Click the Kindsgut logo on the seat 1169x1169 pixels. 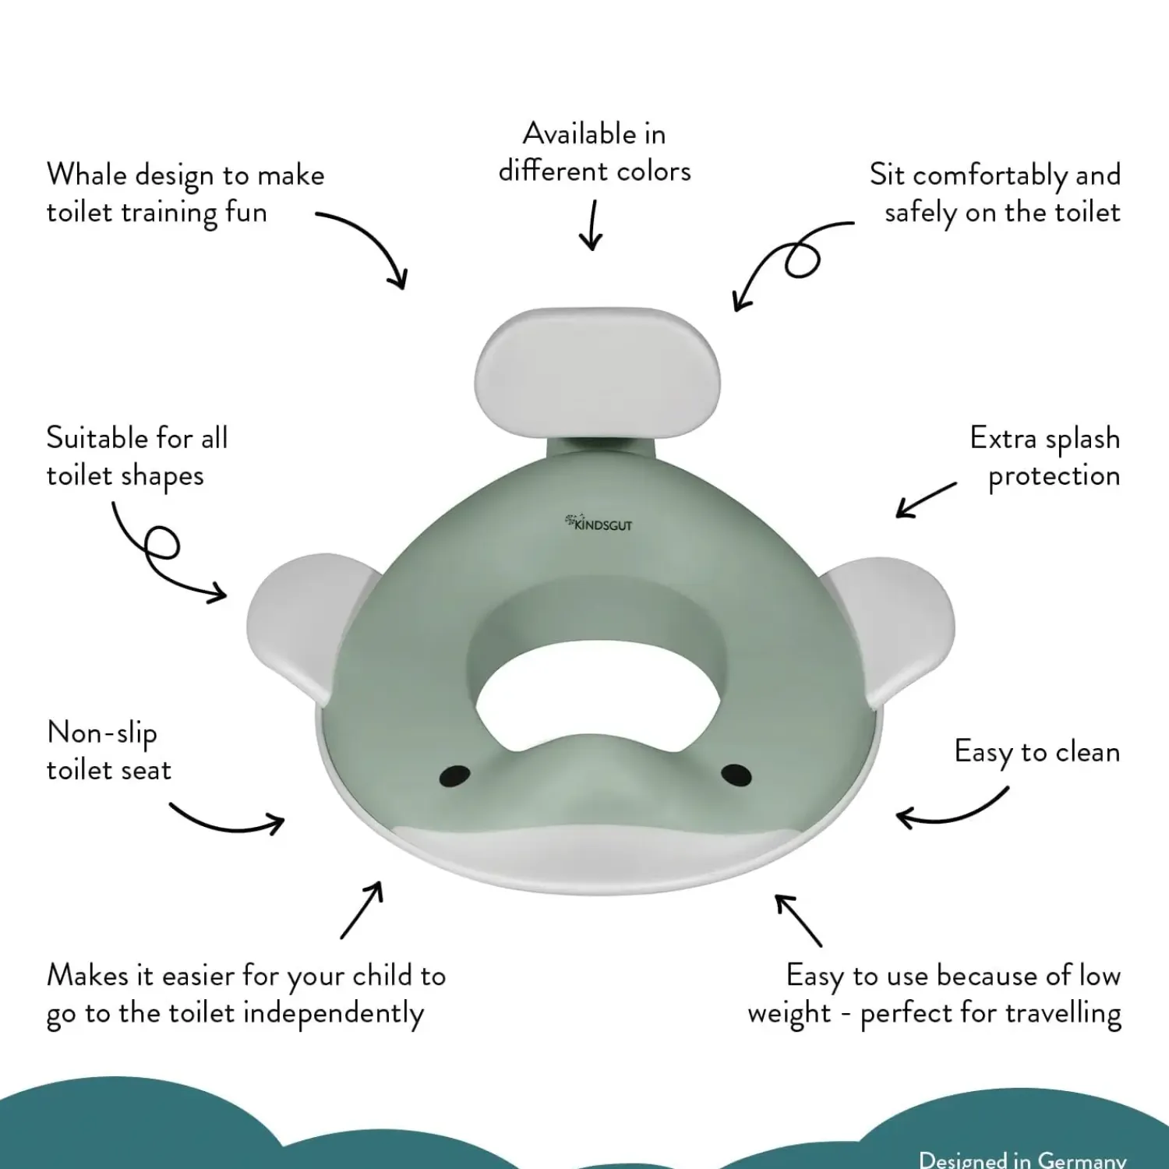coord(599,523)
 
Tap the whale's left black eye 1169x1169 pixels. coord(454,775)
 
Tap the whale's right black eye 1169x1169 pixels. coord(736,774)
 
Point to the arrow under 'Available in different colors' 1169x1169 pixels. coord(592,225)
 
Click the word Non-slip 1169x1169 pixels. coord(102,734)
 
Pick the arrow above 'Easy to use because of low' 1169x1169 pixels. coord(798,920)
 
